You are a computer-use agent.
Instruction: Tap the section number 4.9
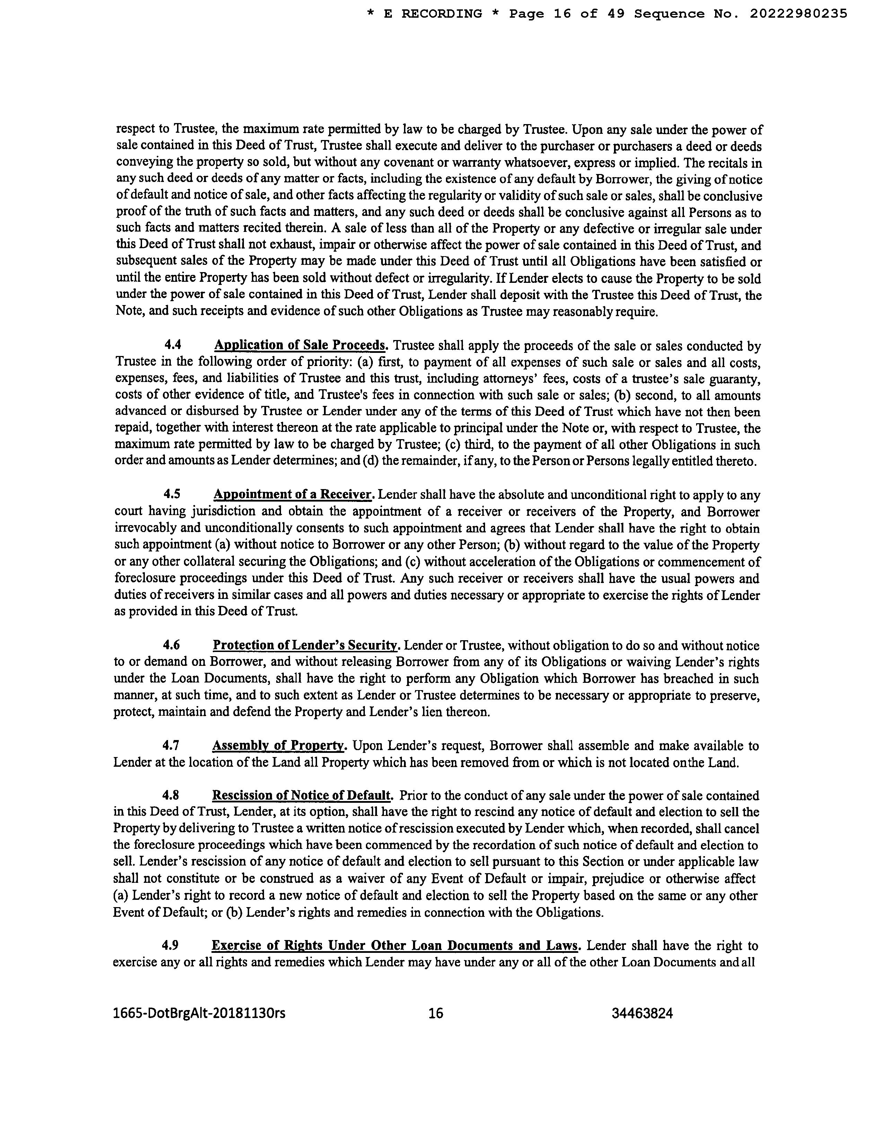coord(170,945)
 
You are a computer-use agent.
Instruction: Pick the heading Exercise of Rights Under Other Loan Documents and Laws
coord(395,945)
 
